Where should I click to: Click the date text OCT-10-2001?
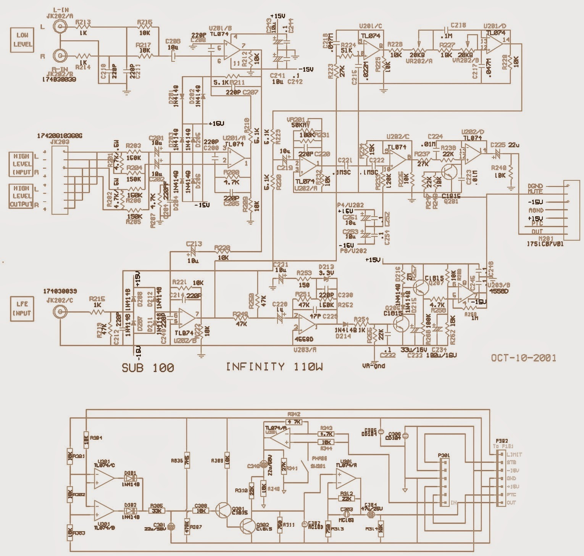(523, 357)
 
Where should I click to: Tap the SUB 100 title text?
(148, 368)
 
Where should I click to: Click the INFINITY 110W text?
(274, 367)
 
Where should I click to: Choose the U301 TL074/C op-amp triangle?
(104, 479)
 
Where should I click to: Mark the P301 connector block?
(445, 482)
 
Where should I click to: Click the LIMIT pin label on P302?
(514, 455)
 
